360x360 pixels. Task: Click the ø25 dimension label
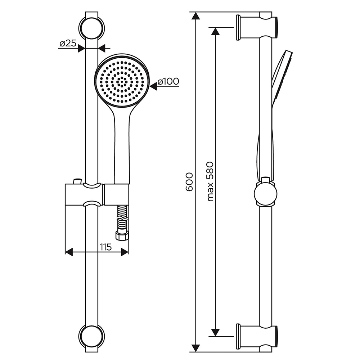coord(68,44)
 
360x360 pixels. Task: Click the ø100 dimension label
coord(168,81)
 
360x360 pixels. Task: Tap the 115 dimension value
coord(106,247)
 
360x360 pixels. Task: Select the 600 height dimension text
coord(189,182)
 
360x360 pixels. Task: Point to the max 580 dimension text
coord(210,181)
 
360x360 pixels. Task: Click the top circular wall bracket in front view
coord(91,26)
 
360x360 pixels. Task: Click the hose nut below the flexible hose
coord(121,235)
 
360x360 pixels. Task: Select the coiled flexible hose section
coord(122,218)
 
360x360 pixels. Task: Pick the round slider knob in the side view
coord(266,193)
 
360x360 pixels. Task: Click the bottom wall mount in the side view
coord(257,338)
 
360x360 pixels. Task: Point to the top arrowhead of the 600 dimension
coord(195,16)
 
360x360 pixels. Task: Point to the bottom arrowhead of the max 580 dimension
coord(215,332)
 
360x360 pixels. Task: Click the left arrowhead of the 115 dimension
coord(69,252)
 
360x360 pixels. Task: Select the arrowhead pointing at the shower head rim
coord(153,86)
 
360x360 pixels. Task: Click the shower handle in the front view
coord(122,147)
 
